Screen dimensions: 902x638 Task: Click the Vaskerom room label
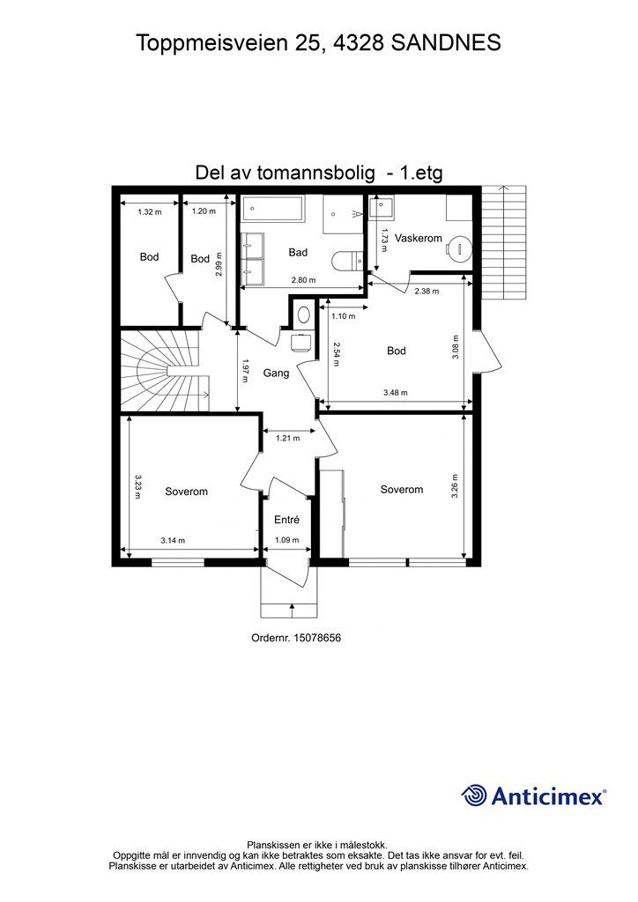pyautogui.click(x=419, y=239)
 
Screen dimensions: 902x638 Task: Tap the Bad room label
pyautogui.click(x=298, y=253)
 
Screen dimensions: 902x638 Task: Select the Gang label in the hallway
pyautogui.click(x=276, y=373)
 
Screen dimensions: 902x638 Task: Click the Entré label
pyautogui.click(x=287, y=520)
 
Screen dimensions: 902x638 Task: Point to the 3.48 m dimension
pyautogui.click(x=396, y=392)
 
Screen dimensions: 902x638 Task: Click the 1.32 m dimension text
pyautogui.click(x=150, y=211)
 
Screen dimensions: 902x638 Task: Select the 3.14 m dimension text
pyautogui.click(x=174, y=540)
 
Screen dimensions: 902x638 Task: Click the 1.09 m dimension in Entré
pyautogui.click(x=287, y=540)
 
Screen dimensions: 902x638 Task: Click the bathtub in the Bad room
pyautogui.click(x=273, y=210)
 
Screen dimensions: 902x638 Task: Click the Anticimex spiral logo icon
pyautogui.click(x=475, y=795)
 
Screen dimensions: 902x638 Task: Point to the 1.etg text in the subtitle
pyautogui.click(x=422, y=174)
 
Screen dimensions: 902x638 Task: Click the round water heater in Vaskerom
pyautogui.click(x=457, y=248)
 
